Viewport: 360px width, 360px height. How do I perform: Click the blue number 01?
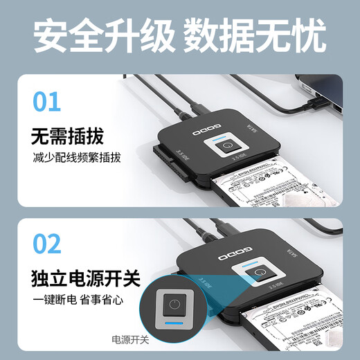point(47,100)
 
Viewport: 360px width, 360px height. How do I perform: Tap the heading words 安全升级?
point(102,37)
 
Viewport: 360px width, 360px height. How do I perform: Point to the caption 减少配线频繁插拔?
point(77,158)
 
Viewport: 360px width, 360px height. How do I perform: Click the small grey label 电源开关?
point(131,339)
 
